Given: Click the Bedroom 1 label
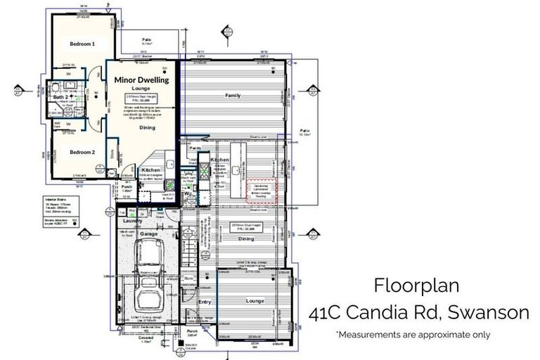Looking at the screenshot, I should pyautogui.click(x=82, y=44).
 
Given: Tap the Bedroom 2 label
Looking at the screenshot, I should pyautogui.click(x=82, y=151).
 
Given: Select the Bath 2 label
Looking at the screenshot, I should pyautogui.click(x=62, y=97).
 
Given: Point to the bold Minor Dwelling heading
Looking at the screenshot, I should pyautogui.click(x=141, y=80).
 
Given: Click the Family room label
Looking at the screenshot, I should pyautogui.click(x=233, y=95).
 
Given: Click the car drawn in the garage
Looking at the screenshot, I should pyautogui.click(x=150, y=260).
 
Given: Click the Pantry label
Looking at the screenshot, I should pyautogui.click(x=195, y=149).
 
